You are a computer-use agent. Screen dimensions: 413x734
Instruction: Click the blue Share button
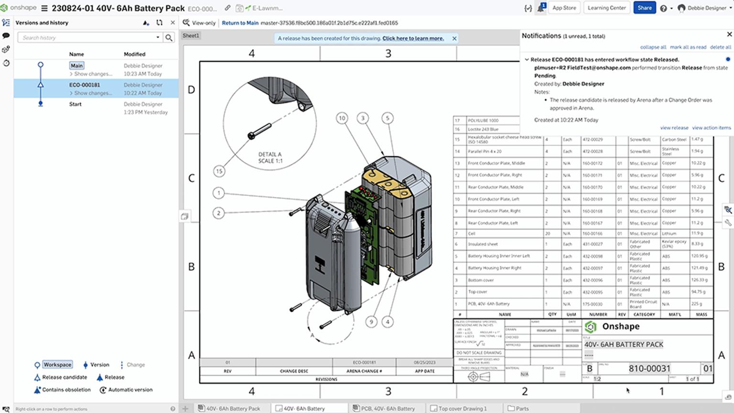(x=644, y=8)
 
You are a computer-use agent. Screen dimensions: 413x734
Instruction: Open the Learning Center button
(x=606, y=8)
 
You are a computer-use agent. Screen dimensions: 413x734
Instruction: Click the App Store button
(x=564, y=8)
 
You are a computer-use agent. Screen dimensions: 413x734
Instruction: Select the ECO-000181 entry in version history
(x=85, y=85)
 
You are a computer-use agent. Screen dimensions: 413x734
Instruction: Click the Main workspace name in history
(x=76, y=66)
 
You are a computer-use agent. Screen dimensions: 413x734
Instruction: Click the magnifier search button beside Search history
(x=169, y=37)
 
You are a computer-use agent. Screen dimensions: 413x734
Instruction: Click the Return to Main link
(x=240, y=22)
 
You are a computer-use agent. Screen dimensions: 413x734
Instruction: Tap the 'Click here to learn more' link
(x=413, y=38)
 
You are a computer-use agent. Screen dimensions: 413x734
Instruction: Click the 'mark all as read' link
(x=688, y=47)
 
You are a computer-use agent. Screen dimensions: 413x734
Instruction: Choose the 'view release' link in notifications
(x=674, y=128)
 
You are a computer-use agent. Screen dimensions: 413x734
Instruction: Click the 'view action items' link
(x=711, y=128)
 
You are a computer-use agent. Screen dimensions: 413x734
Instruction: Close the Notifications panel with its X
(x=729, y=34)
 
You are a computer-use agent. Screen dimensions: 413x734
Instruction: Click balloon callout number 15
(x=219, y=171)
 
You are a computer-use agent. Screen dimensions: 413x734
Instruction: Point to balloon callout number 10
(x=342, y=118)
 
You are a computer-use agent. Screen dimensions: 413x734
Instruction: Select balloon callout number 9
(x=371, y=322)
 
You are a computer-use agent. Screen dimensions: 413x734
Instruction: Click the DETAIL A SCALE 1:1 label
(x=270, y=157)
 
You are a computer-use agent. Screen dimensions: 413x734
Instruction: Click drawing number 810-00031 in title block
(x=649, y=368)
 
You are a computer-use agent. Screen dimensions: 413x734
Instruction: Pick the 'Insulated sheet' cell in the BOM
(x=483, y=244)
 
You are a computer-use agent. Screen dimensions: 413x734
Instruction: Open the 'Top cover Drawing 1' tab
(x=462, y=408)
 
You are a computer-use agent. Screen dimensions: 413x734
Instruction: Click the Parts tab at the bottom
(x=522, y=408)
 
